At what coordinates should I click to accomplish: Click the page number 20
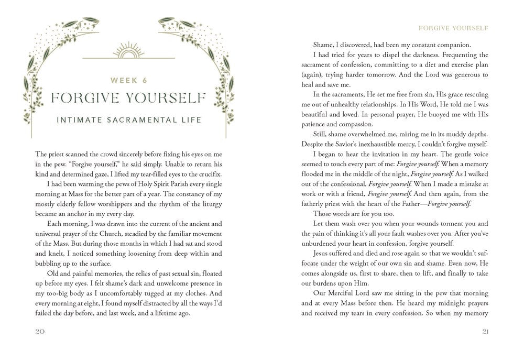point(40,331)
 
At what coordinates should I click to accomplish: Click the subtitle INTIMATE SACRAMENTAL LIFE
point(128,121)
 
